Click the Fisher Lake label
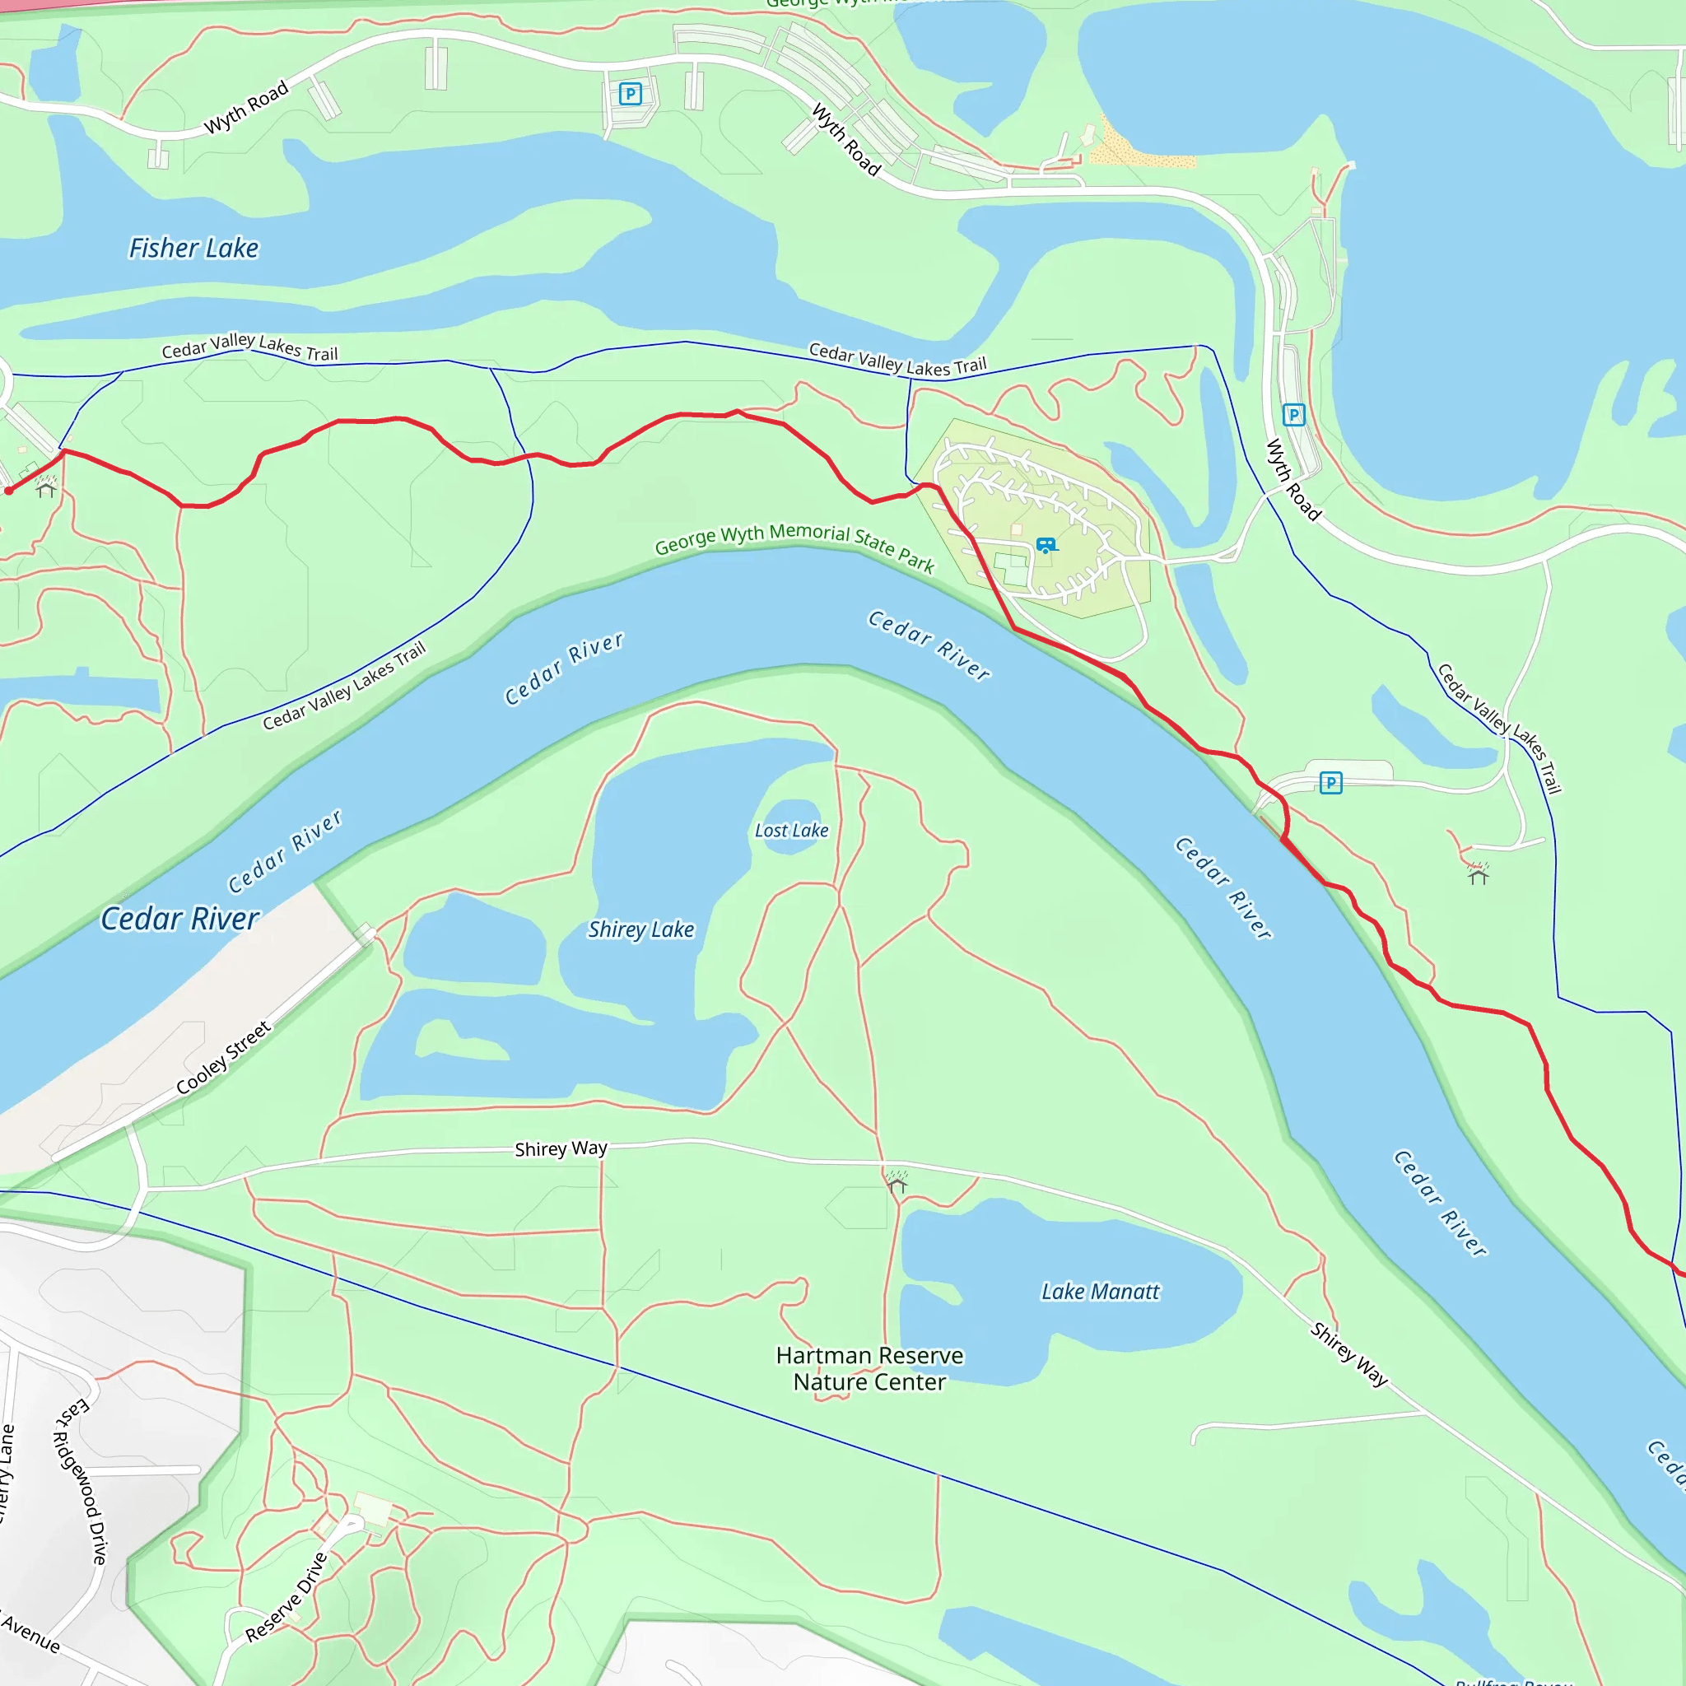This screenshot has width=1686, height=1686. coord(193,249)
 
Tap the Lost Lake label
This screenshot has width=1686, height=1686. coord(790,831)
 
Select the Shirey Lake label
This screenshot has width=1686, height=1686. coord(640,929)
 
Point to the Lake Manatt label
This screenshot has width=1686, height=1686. coord(1100,1292)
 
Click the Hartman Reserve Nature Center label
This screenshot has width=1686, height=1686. coord(869,1368)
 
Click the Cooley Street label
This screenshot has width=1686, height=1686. coord(223,1058)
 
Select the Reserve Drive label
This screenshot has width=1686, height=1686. coord(286,1596)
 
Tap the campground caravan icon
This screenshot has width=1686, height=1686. coord(1046,546)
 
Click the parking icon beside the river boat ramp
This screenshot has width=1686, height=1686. coord(1330,783)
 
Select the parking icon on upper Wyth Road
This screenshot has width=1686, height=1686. coord(630,93)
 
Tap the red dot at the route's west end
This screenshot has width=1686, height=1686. coord(9,491)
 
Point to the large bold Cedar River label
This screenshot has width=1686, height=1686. coord(179,919)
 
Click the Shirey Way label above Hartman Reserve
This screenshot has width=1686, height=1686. coord(561,1148)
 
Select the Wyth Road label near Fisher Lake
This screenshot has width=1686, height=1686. coord(246,108)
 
